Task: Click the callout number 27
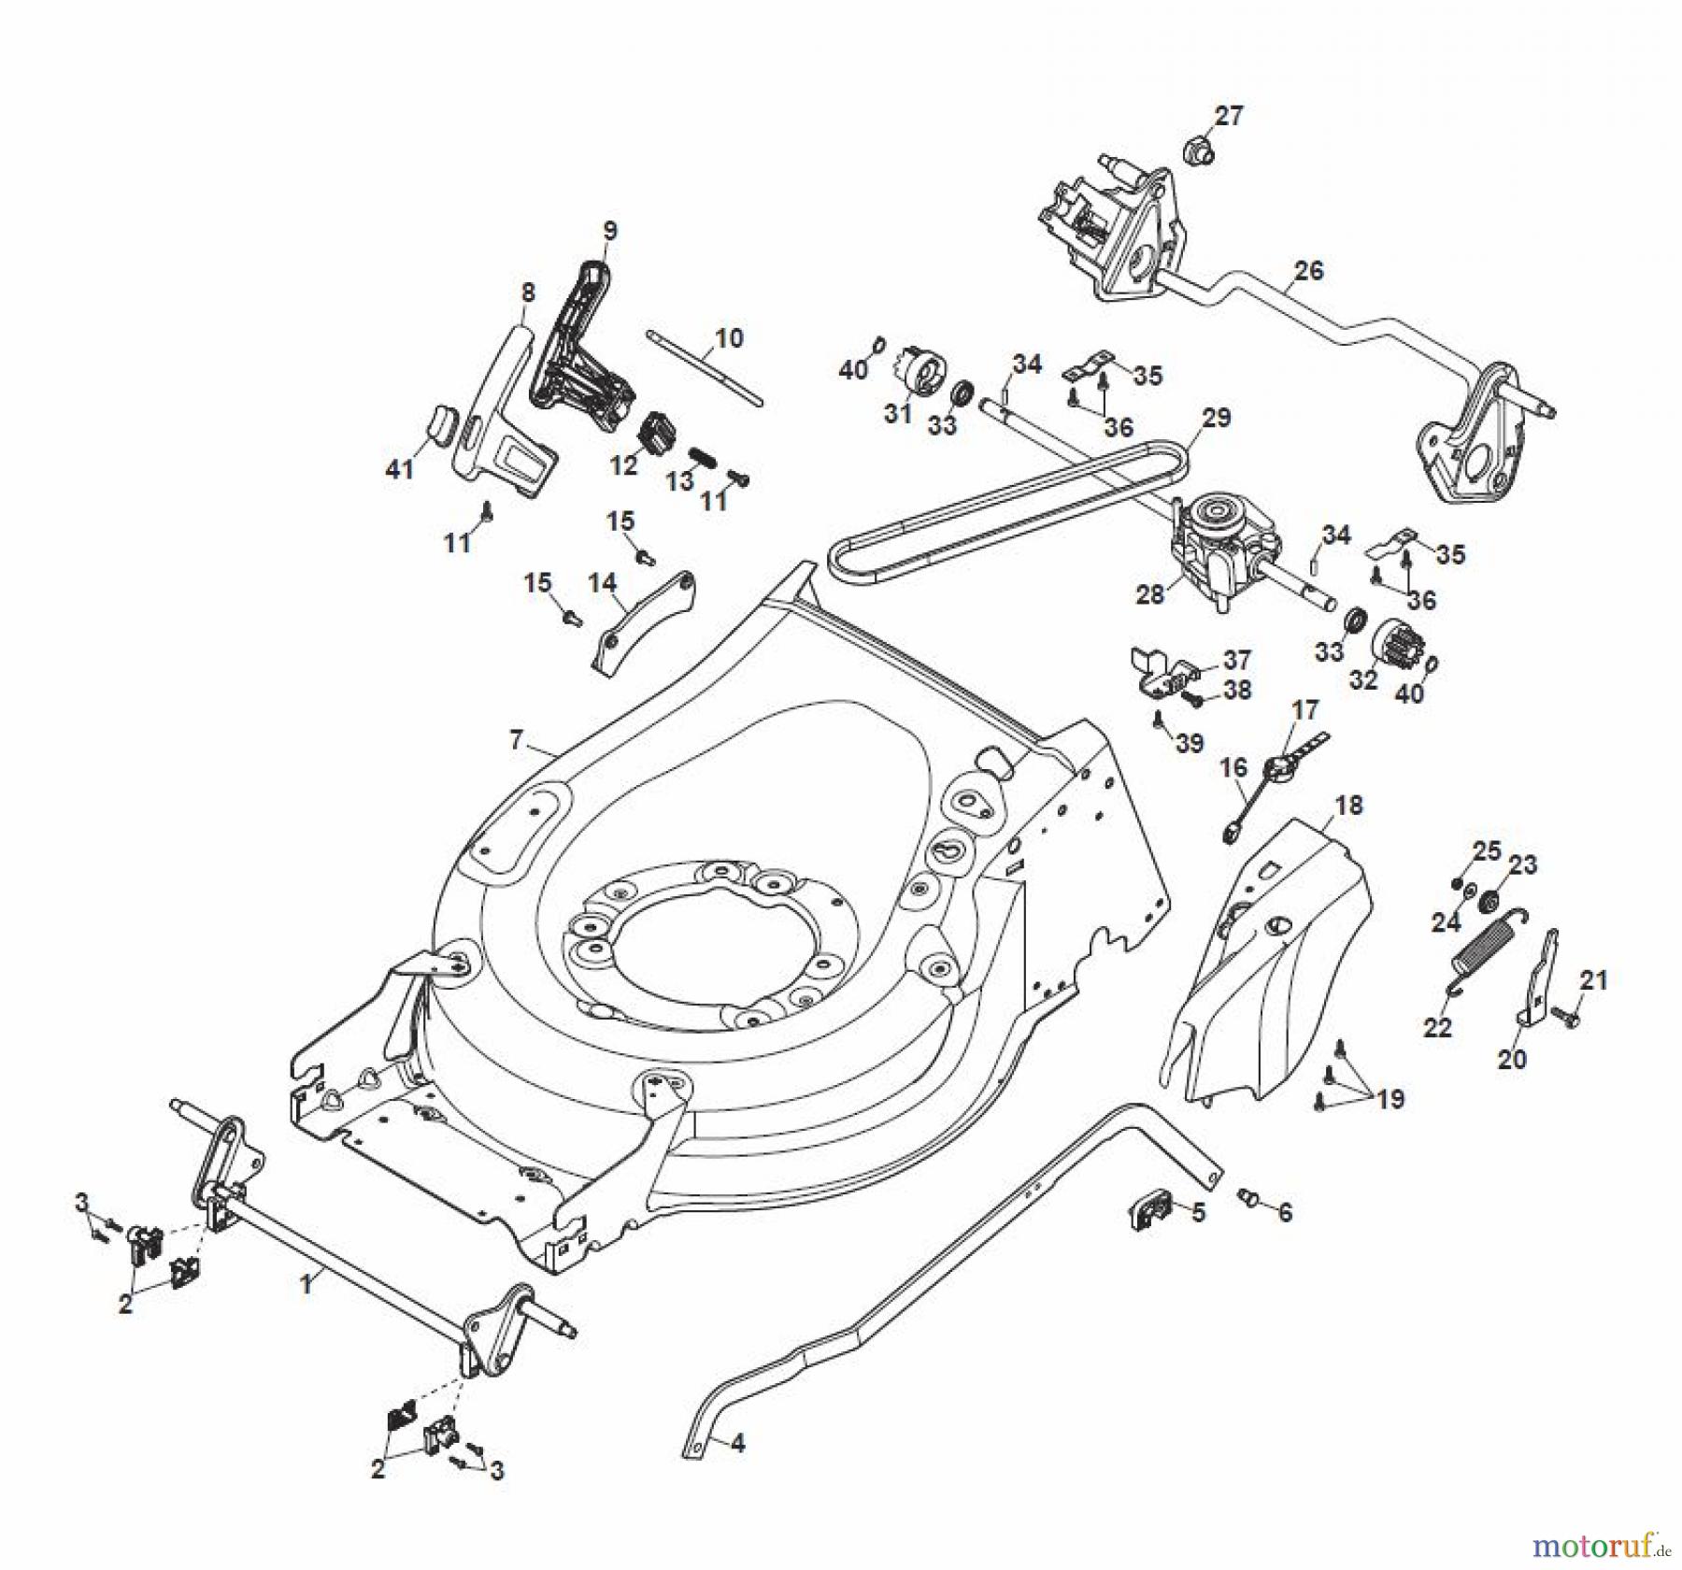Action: tap(1229, 116)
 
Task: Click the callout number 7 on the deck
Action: tap(517, 740)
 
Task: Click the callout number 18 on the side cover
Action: tap(1348, 805)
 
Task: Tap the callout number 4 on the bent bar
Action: tap(737, 1444)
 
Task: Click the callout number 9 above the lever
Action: tap(609, 230)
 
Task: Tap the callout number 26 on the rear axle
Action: tap(1308, 270)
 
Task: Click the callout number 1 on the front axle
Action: tap(306, 1284)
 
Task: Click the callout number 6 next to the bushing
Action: tap(1284, 1212)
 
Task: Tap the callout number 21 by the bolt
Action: tap(1593, 980)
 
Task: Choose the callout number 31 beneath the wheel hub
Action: tap(897, 413)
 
